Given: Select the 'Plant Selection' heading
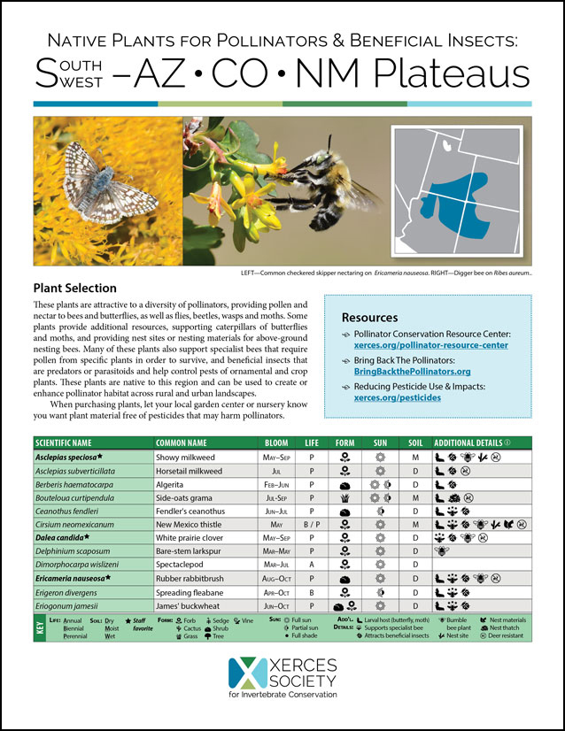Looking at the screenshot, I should pos(74,289).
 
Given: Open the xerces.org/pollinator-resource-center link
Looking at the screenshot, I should pos(432,345).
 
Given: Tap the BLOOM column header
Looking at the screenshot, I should pos(277,442).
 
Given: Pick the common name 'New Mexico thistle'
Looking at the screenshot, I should pos(192,525).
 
